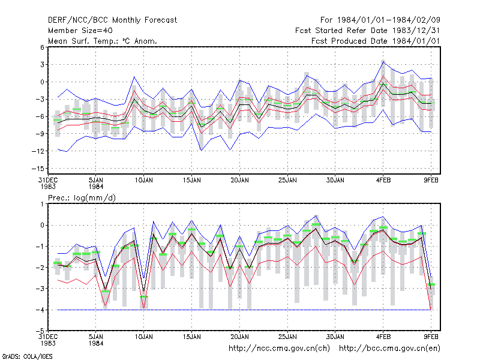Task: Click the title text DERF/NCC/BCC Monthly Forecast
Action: point(112,20)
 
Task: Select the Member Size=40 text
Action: point(80,31)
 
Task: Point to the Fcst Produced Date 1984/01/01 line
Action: point(376,41)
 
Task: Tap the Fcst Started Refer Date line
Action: point(367,31)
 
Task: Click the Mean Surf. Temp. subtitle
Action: point(102,41)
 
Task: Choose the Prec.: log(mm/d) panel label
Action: point(82,198)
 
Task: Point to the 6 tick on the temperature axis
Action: point(42,47)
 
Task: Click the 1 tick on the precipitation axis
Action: point(42,204)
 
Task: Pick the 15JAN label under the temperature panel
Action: point(192,180)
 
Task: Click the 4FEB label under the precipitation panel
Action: point(383,337)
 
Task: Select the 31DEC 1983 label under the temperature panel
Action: point(48,184)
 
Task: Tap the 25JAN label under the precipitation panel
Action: point(287,337)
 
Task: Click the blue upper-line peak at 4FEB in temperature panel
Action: point(383,61)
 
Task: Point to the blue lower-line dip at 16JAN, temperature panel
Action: point(201,151)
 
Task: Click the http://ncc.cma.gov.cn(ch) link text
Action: point(279,349)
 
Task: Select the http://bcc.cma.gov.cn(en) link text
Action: point(389,349)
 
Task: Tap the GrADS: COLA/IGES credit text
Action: point(27,356)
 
